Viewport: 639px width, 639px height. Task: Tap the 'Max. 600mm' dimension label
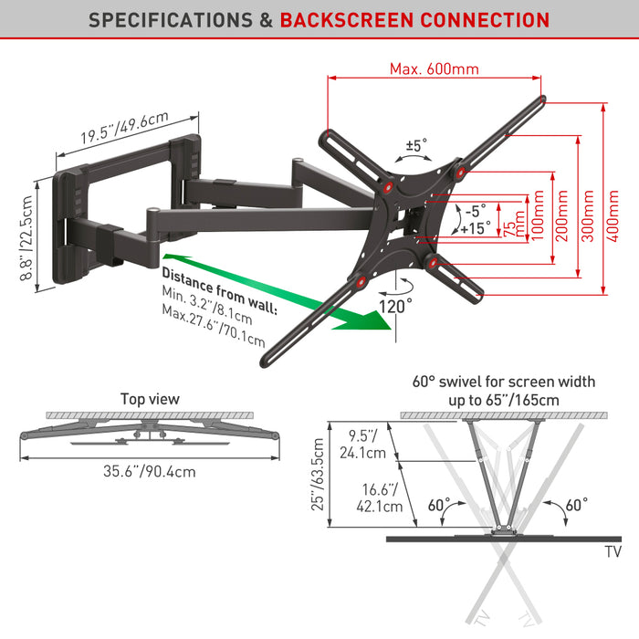434,68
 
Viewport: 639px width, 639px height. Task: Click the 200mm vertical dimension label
562,219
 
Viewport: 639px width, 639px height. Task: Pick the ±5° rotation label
416,145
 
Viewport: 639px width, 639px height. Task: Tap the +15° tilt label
475,226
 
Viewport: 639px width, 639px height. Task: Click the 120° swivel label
397,306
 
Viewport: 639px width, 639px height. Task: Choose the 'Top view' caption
151,399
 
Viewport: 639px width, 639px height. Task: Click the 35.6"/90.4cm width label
151,472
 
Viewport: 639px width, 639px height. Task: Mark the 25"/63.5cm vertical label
319,473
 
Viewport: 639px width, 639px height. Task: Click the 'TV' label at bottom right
613,552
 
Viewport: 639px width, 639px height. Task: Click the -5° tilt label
475,208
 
